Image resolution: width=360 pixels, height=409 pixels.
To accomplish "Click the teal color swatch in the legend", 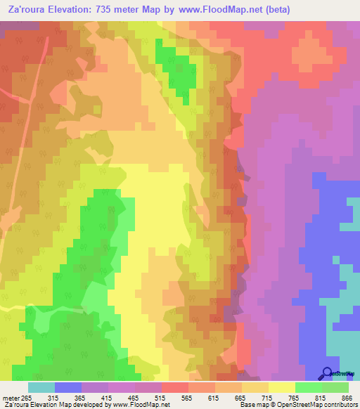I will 41,387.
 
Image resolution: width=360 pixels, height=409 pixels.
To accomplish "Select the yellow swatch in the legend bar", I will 281,387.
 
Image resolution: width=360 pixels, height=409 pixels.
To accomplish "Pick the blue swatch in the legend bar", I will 68,387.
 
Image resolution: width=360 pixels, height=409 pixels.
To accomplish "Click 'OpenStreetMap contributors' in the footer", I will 322,405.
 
